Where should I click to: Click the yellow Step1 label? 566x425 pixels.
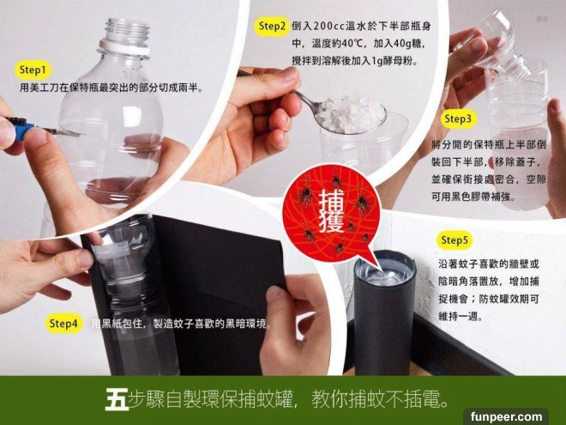[33, 70]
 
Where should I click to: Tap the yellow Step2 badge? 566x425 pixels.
[272, 27]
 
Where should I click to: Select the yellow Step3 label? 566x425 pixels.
[458, 118]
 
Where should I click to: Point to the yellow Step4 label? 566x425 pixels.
[63, 323]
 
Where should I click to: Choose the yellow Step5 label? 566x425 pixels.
[455, 240]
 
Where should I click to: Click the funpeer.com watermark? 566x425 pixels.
[506, 416]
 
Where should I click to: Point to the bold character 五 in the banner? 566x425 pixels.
[117, 399]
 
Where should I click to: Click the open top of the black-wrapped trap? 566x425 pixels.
[385, 270]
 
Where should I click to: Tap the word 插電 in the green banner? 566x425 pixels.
[421, 399]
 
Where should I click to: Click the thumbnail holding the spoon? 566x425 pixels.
[289, 74]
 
